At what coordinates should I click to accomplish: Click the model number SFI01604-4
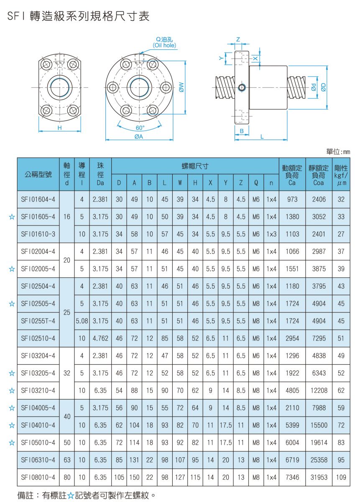(x=38, y=200)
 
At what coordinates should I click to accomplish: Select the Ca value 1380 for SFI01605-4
(x=292, y=217)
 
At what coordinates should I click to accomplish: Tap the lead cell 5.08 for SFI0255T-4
(x=82, y=321)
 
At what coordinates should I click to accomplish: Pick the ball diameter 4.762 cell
(x=100, y=338)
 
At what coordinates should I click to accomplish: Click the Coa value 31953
(x=319, y=477)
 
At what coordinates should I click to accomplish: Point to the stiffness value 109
(x=341, y=477)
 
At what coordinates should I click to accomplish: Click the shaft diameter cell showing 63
(x=67, y=460)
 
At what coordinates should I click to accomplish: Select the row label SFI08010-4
(x=38, y=477)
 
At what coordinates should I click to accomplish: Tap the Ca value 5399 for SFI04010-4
(x=292, y=425)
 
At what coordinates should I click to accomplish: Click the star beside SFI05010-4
(x=12, y=442)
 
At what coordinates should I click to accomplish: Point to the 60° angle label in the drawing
(x=140, y=128)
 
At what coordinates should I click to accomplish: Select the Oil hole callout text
(x=164, y=45)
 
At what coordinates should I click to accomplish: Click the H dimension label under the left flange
(x=59, y=128)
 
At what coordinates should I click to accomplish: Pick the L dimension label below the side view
(x=262, y=136)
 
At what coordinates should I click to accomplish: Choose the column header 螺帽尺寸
(x=195, y=166)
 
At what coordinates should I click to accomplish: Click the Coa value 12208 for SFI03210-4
(x=319, y=390)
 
